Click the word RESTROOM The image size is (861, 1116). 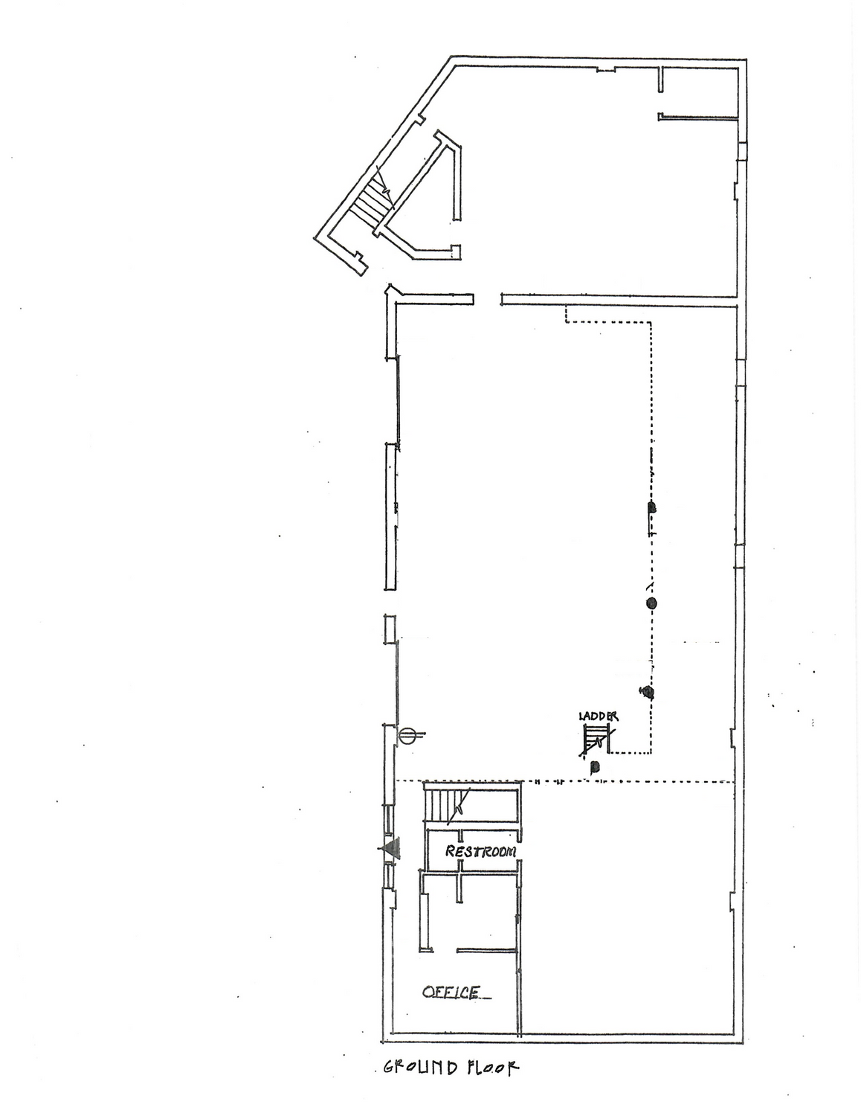(480, 852)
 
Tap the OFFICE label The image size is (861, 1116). (452, 992)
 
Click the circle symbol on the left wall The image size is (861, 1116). (407, 735)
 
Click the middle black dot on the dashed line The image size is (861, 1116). (651, 603)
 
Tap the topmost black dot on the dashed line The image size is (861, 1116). (652, 507)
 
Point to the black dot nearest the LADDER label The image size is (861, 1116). (648, 693)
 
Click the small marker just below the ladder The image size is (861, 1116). (595, 768)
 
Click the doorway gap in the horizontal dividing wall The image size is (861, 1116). (487, 299)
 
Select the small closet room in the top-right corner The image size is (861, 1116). (699, 91)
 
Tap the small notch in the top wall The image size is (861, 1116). (605, 69)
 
